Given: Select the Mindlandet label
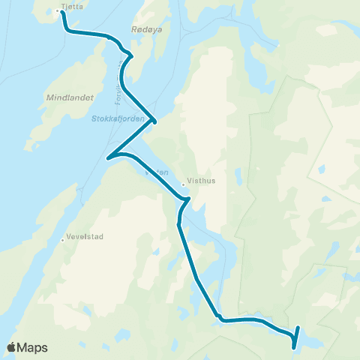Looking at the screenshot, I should pyautogui.click(x=67, y=98).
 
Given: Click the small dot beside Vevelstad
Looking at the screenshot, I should pyautogui.click(x=63, y=240).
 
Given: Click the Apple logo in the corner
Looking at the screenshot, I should pyautogui.click(x=11, y=347).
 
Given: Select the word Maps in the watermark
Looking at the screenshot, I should pyautogui.click(x=33, y=347).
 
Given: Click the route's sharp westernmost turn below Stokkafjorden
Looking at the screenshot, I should pyautogui.click(x=109, y=157).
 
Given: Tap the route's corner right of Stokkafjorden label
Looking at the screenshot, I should pyautogui.click(x=154, y=120).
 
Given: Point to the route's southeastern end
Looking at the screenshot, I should pyautogui.click(x=293, y=347).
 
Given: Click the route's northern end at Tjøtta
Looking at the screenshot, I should pyautogui.click(x=61, y=11).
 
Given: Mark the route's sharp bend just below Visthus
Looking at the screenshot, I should pyautogui.click(x=188, y=199).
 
